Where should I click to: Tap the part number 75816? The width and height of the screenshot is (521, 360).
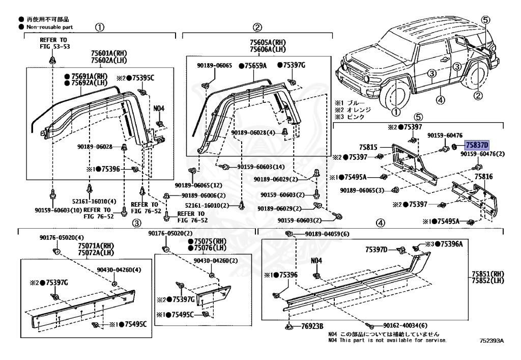coord(484,176)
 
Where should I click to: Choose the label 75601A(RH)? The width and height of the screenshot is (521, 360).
coord(109,53)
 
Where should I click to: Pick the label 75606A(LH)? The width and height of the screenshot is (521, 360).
coord(268,49)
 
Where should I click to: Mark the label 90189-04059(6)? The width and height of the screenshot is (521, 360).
coord(328,234)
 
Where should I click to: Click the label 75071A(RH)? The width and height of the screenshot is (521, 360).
coord(95,246)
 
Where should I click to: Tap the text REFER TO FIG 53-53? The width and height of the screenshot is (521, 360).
coord(55,43)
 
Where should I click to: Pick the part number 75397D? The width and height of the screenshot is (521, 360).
coord(377,250)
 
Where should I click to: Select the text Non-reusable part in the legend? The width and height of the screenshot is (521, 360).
coord(47,26)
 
